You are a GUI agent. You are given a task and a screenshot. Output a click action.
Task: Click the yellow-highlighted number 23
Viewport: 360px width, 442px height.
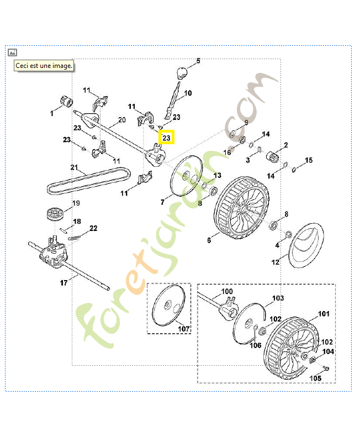(166, 136)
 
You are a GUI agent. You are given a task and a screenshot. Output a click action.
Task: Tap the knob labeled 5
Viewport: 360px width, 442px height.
(182, 72)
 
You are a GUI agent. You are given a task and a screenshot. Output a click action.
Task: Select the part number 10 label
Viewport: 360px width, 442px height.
(188, 93)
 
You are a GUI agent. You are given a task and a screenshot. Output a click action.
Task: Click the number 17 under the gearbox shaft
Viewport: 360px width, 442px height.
(63, 282)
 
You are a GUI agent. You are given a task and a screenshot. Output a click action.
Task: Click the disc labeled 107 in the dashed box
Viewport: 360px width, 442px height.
(169, 307)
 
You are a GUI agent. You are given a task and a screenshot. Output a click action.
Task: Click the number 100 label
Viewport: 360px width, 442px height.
(227, 291)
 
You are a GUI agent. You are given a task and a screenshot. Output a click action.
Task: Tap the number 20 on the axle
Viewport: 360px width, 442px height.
(122, 120)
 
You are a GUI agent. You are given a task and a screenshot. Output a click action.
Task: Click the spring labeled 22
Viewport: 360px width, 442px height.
(78, 236)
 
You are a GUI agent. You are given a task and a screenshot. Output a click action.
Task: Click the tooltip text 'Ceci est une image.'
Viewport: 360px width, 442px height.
(44, 65)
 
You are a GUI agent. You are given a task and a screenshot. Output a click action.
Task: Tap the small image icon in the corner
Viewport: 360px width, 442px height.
(13, 52)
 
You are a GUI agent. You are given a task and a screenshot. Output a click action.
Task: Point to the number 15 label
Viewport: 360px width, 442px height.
(309, 161)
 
